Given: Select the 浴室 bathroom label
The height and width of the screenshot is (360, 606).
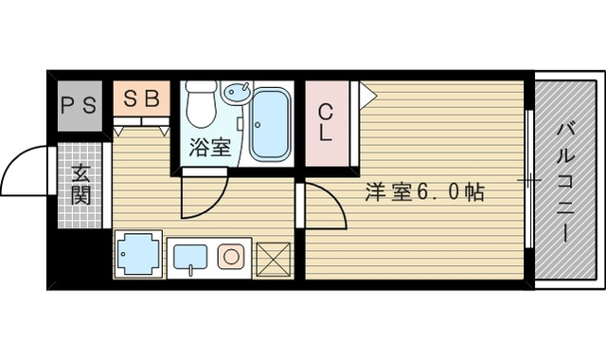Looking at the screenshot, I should tap(209, 148).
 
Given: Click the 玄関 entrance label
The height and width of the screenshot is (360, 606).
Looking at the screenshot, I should tap(80, 185).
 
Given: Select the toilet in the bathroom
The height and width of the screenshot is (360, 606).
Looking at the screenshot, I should tap(200, 105).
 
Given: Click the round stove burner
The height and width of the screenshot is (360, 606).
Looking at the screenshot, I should tap(230, 256).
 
